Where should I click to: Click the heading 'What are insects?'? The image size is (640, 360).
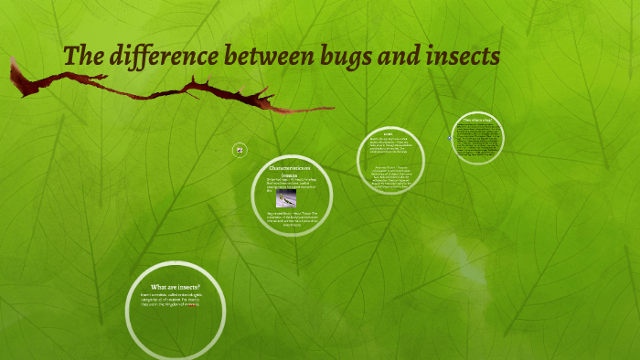(x=175, y=287)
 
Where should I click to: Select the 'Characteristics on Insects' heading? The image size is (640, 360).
(x=290, y=171)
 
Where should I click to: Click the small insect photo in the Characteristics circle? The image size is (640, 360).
(x=287, y=198)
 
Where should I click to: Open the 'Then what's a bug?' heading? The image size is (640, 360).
(x=478, y=120)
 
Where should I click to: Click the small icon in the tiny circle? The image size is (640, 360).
(x=240, y=149)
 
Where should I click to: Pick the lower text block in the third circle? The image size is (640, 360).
(x=397, y=179)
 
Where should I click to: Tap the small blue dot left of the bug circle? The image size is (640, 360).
(x=450, y=138)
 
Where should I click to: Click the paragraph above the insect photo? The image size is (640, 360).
(x=291, y=184)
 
